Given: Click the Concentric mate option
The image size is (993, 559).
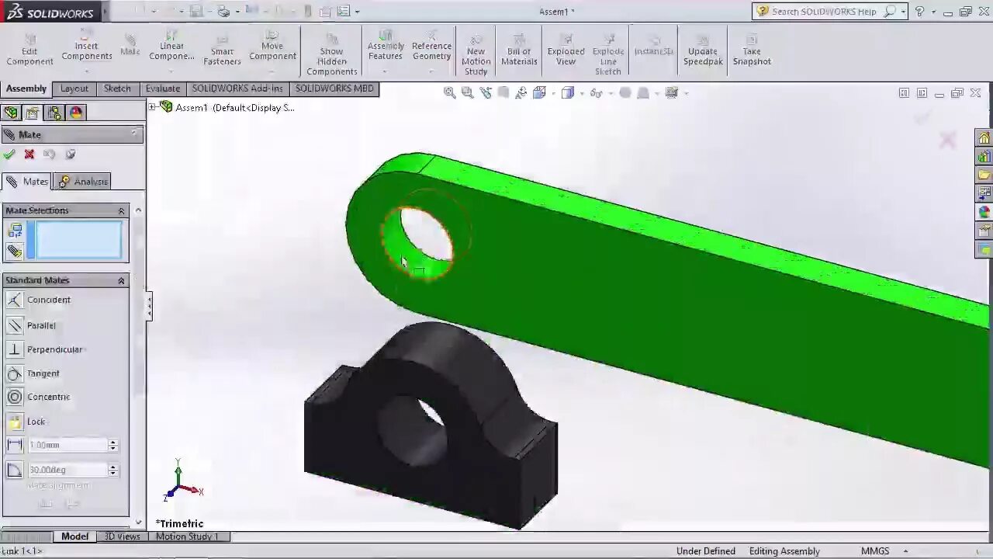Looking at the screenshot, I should (47, 397).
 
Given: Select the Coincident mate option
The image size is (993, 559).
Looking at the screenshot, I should (47, 300).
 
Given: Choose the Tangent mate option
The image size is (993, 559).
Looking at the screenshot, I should (43, 373).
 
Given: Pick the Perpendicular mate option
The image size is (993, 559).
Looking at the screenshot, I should (54, 349).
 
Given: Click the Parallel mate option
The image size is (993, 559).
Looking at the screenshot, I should (40, 325).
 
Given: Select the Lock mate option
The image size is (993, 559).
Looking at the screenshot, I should (36, 422).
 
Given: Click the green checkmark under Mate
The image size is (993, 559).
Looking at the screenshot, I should (9, 154).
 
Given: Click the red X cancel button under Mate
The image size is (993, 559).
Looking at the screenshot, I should (29, 154).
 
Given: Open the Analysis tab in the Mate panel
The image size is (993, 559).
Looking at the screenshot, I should (83, 182).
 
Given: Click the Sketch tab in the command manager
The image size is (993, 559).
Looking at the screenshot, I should (117, 89).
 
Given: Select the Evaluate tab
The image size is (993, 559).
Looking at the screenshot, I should (162, 89).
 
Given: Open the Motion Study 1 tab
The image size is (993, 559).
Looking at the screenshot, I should (187, 536).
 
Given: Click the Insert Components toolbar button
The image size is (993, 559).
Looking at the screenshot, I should (87, 50).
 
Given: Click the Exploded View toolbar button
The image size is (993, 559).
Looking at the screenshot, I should (566, 50).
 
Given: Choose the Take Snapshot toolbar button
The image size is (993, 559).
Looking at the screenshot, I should (751, 50).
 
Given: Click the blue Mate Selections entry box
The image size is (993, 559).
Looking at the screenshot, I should (78, 239).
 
